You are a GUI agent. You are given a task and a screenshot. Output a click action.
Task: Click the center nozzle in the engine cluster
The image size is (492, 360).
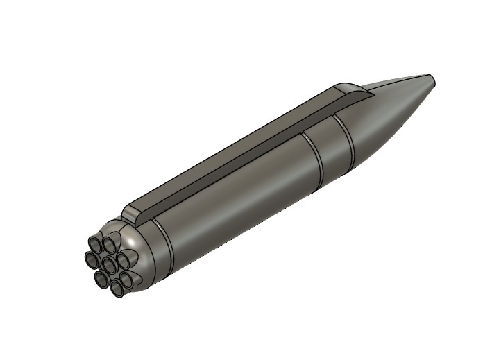[109, 265]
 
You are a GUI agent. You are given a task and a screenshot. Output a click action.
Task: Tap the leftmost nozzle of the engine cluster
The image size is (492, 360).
[92, 259]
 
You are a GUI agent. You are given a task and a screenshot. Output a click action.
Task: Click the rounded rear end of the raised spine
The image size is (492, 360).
[130, 213]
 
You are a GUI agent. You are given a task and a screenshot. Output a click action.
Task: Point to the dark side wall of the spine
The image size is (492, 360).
[229, 166]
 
